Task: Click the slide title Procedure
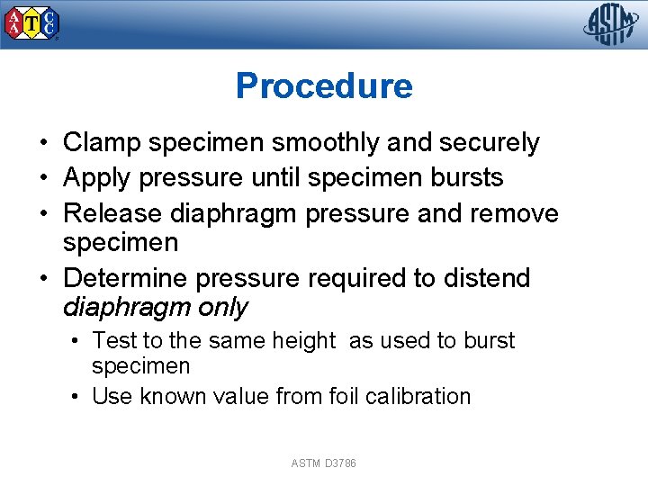[x=324, y=86]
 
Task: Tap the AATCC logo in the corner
[x=32, y=24]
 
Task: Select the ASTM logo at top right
[x=611, y=23]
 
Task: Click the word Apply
[x=95, y=178]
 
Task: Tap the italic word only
[x=222, y=308]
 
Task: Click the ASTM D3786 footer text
[x=324, y=463]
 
